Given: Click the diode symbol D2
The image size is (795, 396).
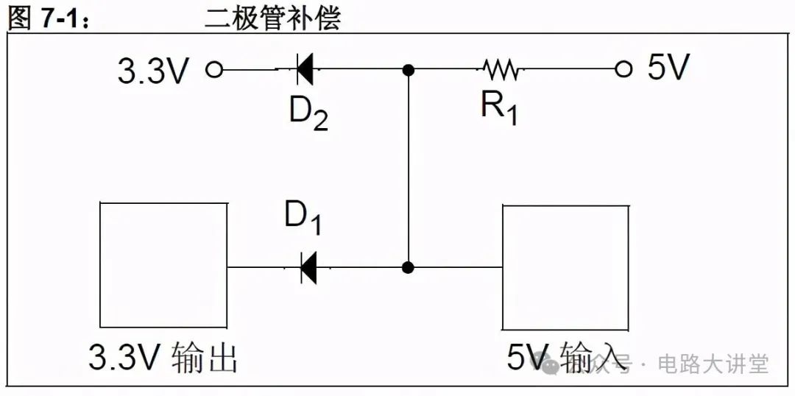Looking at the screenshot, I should point(304,70).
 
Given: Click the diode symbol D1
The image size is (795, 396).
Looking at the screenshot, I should point(308,267).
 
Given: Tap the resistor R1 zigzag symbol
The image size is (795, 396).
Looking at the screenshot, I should point(503,70).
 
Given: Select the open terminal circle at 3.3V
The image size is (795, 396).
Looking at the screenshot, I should point(213,70).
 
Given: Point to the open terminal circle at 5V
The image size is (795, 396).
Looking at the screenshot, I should point(624,70).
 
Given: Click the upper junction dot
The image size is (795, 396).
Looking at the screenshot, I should point(409,70).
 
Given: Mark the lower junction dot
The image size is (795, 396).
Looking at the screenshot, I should point(409,267).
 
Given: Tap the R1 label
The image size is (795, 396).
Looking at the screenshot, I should point(499,108).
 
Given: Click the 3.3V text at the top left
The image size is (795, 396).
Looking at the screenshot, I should point(154,71).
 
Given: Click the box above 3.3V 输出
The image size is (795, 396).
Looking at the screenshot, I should point(163,265).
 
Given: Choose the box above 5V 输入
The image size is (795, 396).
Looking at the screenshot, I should point(565,267).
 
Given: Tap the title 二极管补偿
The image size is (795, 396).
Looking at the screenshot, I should point(272,18).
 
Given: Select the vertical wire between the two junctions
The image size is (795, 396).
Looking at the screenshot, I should point(409,169).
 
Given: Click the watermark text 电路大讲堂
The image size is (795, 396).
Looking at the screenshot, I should point(713,363).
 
